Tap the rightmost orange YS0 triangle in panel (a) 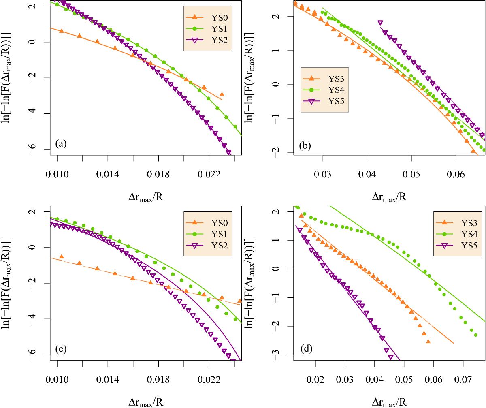[x=222, y=94]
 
